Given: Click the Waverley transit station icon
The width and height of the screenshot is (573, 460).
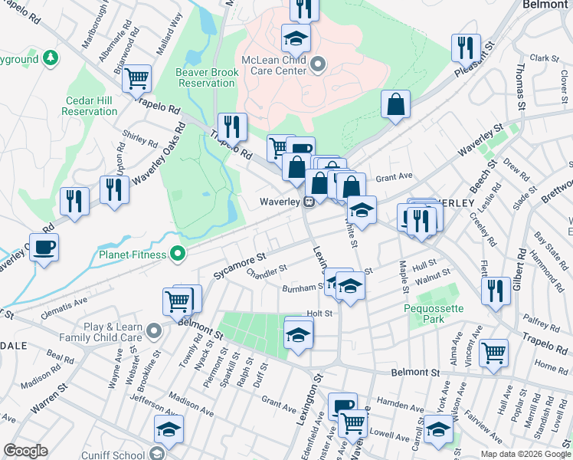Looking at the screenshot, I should click(309, 202).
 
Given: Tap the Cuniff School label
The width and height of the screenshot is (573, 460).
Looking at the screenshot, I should click(123, 455).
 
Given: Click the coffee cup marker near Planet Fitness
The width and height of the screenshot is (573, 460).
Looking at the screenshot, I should click(44, 247).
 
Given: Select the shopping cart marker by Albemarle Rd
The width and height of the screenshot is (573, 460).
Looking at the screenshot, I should click(136, 77).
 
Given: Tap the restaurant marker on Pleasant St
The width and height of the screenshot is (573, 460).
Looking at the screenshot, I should click(466, 48).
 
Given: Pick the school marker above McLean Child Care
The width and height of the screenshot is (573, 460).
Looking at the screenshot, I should click(296, 38).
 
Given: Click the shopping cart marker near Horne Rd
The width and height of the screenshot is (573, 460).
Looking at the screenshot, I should click(493, 353).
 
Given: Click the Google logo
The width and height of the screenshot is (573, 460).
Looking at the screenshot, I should click(25, 451).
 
